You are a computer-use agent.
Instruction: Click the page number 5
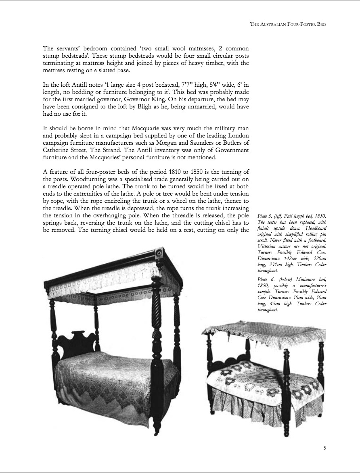(x=324, y=447)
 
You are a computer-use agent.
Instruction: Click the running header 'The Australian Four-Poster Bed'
(x=288, y=24)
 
